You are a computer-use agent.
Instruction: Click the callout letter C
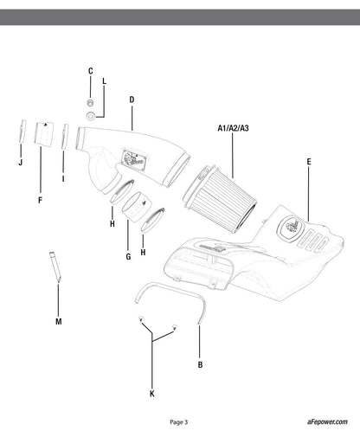(91, 71)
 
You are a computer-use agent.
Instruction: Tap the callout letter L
(104, 81)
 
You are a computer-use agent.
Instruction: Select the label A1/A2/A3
(233, 128)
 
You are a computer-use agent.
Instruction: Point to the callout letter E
(309, 162)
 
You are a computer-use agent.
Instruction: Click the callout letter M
(59, 321)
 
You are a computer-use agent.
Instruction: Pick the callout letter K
(152, 394)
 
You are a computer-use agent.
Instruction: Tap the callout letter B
(200, 365)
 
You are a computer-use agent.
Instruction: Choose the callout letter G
(128, 256)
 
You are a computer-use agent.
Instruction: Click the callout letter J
(20, 163)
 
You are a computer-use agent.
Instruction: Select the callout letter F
(40, 200)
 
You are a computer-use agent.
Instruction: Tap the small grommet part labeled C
(90, 102)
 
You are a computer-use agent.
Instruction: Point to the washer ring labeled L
(91, 116)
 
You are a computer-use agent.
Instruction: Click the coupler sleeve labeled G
(137, 207)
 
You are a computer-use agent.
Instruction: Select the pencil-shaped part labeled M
(55, 267)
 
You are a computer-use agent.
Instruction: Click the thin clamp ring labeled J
(22, 131)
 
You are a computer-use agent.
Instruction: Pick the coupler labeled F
(44, 133)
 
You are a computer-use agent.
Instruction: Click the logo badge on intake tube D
(133, 160)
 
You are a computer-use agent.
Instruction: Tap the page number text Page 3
(179, 422)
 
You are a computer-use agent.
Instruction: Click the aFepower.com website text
(327, 421)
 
